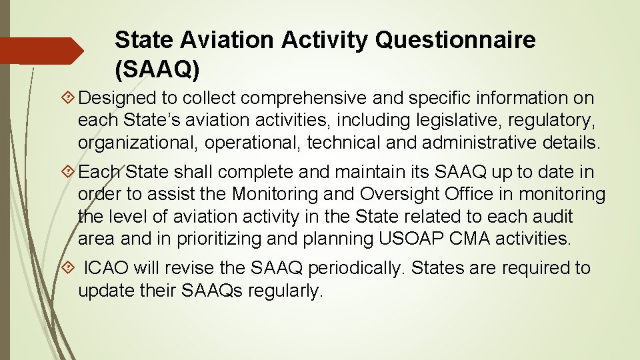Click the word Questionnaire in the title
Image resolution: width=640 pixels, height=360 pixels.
pos(455,40)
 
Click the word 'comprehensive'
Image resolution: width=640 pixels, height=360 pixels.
pos(304,99)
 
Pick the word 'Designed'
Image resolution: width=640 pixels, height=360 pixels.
pos(117,99)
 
